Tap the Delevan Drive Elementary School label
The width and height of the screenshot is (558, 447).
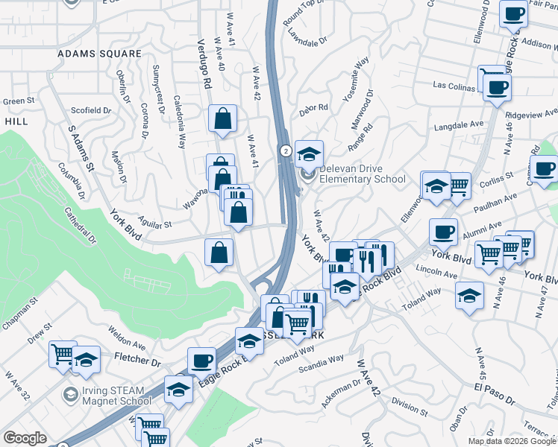pos(362,174)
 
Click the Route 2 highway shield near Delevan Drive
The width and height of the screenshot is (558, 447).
pos(286,150)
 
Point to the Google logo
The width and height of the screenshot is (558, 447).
pos(25,438)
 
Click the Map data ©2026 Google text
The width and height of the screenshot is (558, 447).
pos(512,441)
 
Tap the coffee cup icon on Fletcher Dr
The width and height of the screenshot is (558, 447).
pos(201,361)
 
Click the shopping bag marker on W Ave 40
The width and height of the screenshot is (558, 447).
pos(224,118)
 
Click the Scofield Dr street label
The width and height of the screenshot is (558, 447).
pos(91,110)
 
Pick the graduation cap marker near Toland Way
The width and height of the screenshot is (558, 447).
pos(469,297)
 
